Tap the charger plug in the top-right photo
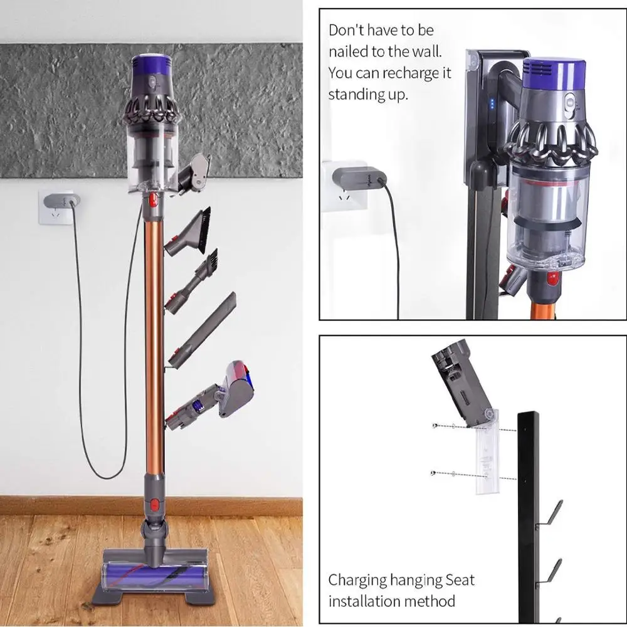point(357,178)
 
